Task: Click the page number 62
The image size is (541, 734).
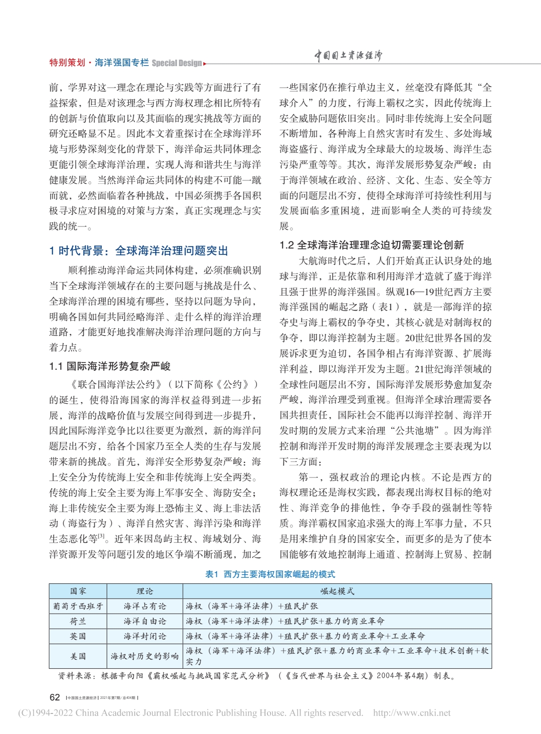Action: tap(55, 697)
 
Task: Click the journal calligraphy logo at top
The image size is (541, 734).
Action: tap(348, 56)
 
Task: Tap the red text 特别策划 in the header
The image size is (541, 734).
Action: tap(67, 63)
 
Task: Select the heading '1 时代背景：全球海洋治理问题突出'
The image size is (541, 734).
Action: tap(139, 251)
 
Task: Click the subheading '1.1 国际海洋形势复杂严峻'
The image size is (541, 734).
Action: tap(110, 366)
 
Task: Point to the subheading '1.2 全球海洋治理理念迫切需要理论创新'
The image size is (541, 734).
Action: tap(371, 245)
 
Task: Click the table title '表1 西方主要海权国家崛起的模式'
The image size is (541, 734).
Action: tap(270, 574)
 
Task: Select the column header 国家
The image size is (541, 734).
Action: tap(78, 591)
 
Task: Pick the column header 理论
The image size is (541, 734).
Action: tap(145, 591)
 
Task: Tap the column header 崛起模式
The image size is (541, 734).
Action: tap(337, 591)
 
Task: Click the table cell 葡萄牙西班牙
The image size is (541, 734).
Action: tap(78, 606)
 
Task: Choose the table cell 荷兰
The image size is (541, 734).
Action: tap(78, 621)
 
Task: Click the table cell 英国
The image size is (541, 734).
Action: tap(78, 636)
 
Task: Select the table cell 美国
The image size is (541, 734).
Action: tap(78, 656)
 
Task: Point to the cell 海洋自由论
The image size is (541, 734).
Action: tap(145, 621)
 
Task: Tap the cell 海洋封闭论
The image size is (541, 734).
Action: tap(145, 636)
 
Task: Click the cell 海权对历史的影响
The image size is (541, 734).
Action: tap(145, 656)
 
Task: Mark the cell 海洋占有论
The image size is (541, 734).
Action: tap(145, 606)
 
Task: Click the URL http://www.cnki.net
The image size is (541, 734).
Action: tap(411, 713)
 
